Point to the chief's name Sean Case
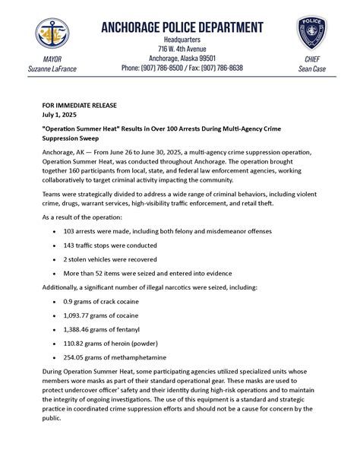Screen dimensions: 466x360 click(x=311, y=68)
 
